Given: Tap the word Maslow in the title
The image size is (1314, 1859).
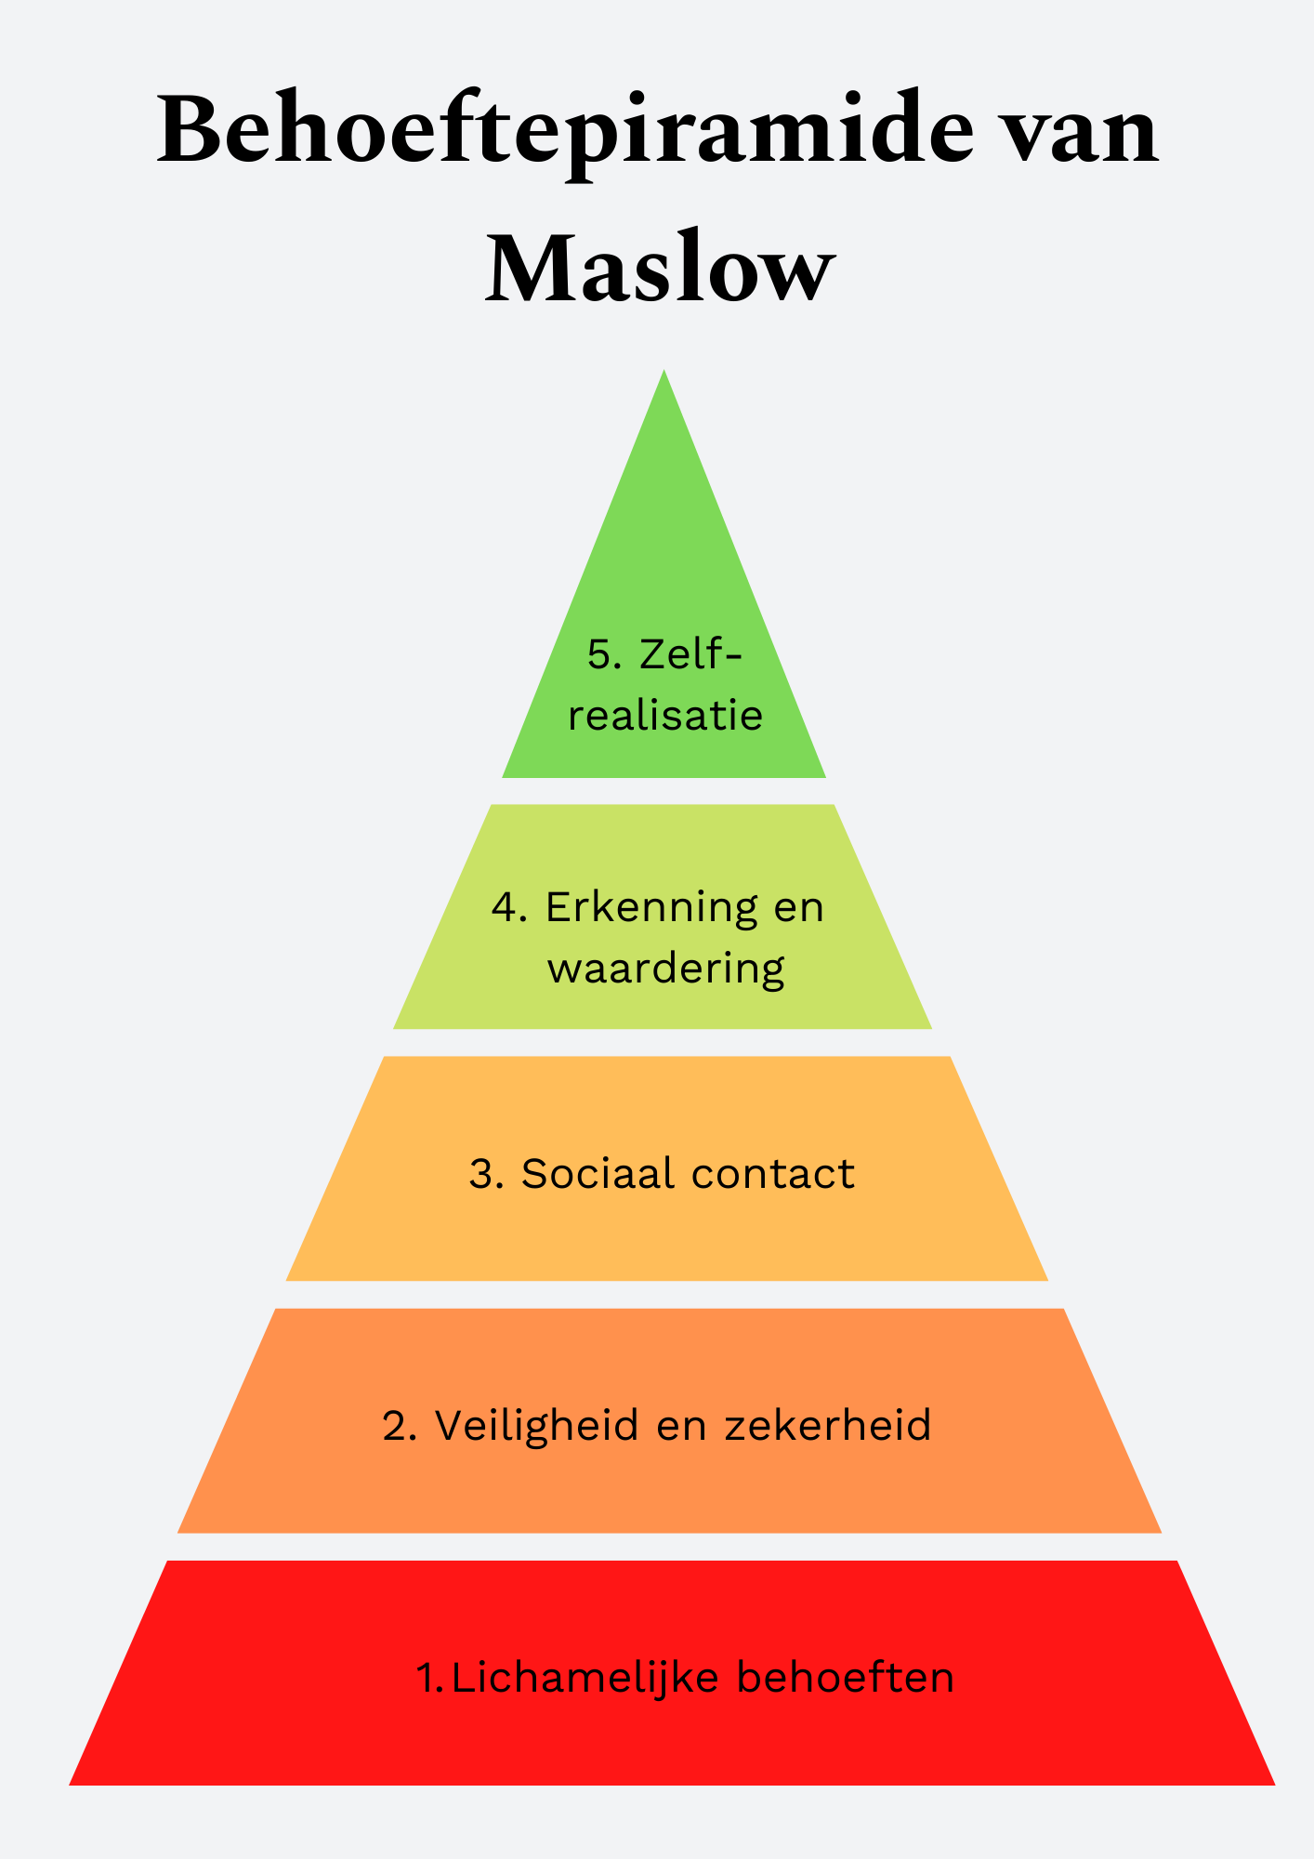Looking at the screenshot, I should point(658,269).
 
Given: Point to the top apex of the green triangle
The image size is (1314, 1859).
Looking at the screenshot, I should point(664,373).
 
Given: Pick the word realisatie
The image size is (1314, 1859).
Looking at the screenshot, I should point(665,716).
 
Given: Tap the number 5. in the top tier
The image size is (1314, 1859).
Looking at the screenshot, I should point(605,654).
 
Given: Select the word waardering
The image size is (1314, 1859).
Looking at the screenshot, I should point(665,969).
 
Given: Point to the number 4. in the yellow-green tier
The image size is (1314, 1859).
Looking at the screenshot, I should point(510,907).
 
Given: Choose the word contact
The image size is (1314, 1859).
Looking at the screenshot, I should point(772,1173).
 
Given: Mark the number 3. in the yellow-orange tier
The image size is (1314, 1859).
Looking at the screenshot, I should point(486,1173).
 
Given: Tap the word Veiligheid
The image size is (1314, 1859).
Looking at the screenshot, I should point(536,1425).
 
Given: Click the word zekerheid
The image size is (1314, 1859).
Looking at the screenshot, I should point(827,1425).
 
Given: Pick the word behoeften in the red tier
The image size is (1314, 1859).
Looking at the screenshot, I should point(845,1678).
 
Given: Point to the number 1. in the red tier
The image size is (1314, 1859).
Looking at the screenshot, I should point(429,1678).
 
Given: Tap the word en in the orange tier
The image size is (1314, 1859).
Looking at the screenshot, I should point(682,1425).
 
